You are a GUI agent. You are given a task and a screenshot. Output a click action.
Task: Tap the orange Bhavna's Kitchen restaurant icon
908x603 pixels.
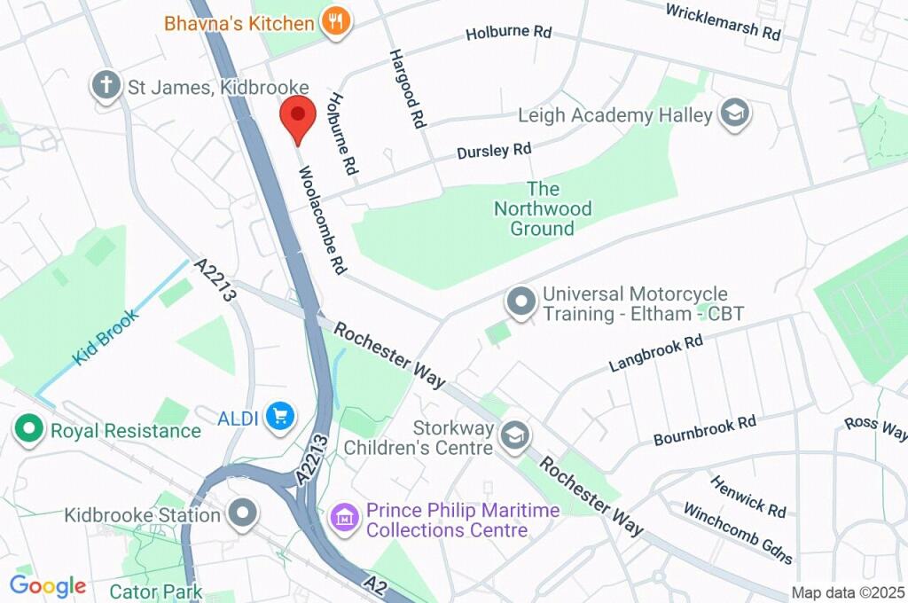(x=335, y=22)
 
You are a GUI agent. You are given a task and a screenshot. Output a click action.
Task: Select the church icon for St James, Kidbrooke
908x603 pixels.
(x=106, y=87)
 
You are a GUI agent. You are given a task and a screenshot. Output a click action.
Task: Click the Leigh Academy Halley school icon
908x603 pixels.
(x=735, y=114)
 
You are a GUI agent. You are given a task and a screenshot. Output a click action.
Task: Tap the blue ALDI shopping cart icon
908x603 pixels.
(x=282, y=415)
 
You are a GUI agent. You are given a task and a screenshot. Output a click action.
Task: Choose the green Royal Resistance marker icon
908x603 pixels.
(x=30, y=431)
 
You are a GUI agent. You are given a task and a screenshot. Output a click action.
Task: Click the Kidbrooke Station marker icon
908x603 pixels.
(x=241, y=513)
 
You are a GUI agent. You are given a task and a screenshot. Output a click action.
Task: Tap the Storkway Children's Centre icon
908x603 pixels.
(x=513, y=435)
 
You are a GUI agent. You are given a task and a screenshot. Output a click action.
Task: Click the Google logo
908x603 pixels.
(x=47, y=585)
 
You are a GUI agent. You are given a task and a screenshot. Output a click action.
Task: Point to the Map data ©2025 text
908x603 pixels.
(x=847, y=592)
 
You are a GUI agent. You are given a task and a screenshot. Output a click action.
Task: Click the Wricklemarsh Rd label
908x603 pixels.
(x=722, y=20)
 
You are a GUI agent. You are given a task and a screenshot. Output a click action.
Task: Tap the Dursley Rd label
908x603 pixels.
(x=494, y=152)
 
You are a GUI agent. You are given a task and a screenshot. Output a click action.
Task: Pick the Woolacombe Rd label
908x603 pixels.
(x=320, y=219)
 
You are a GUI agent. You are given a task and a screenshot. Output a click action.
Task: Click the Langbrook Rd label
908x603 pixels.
(x=655, y=354)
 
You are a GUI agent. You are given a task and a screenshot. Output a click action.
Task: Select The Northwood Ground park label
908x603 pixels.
(x=542, y=208)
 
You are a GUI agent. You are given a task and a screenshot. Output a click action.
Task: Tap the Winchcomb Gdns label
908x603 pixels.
(x=739, y=532)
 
